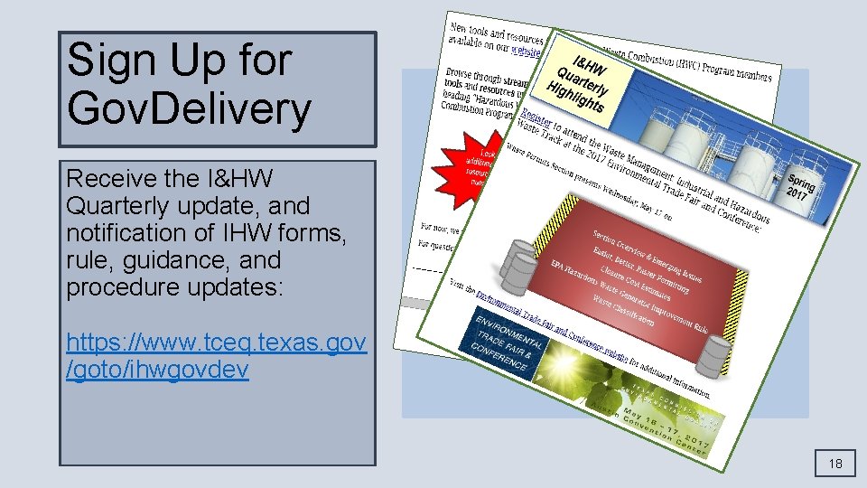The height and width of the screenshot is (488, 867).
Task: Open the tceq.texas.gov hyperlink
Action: point(216,343)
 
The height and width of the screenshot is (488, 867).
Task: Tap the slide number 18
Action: point(835,464)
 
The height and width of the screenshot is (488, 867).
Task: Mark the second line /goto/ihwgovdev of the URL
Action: point(158,371)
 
